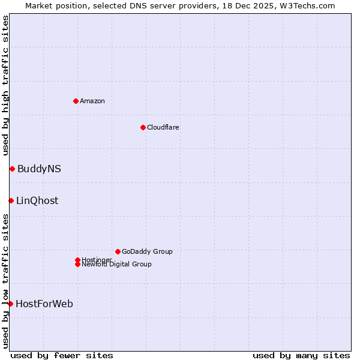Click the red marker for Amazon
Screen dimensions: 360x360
pyautogui.click(x=76, y=101)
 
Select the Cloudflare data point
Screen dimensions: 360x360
pyautogui.click(x=143, y=127)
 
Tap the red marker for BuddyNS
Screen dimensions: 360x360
pyautogui.click(x=12, y=169)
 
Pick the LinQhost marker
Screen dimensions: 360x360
pyautogui.click(x=11, y=200)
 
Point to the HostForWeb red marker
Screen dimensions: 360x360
pyautogui.click(x=10, y=304)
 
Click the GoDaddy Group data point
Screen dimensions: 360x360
pyautogui.click(x=118, y=251)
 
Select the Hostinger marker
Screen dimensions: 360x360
pyautogui.click(x=77, y=260)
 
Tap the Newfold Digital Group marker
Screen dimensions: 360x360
pyautogui.click(x=77, y=264)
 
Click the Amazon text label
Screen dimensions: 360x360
pyautogui.click(x=92, y=101)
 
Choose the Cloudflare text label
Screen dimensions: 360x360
pyautogui.click(x=163, y=127)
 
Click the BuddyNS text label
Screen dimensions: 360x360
pyautogui.click(x=39, y=169)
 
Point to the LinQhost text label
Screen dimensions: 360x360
pyautogui.click(x=37, y=200)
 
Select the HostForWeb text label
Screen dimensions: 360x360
pyautogui.click(x=44, y=304)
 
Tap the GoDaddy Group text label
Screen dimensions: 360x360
pyautogui.click(x=147, y=251)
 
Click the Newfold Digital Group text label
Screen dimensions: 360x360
pyautogui.click(x=117, y=265)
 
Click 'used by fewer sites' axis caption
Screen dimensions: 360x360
pyautogui.click(x=62, y=355)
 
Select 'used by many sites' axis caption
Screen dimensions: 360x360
pyautogui.click(x=301, y=355)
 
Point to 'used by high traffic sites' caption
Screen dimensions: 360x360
pyautogui.click(x=5, y=85)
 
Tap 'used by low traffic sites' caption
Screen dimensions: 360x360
pyautogui.click(x=5, y=281)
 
